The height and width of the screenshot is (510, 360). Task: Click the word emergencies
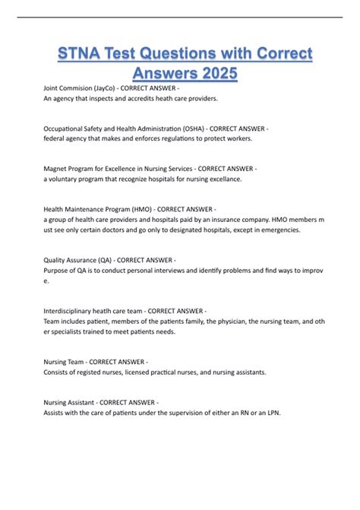278,229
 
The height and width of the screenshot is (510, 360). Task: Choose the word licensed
144,372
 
